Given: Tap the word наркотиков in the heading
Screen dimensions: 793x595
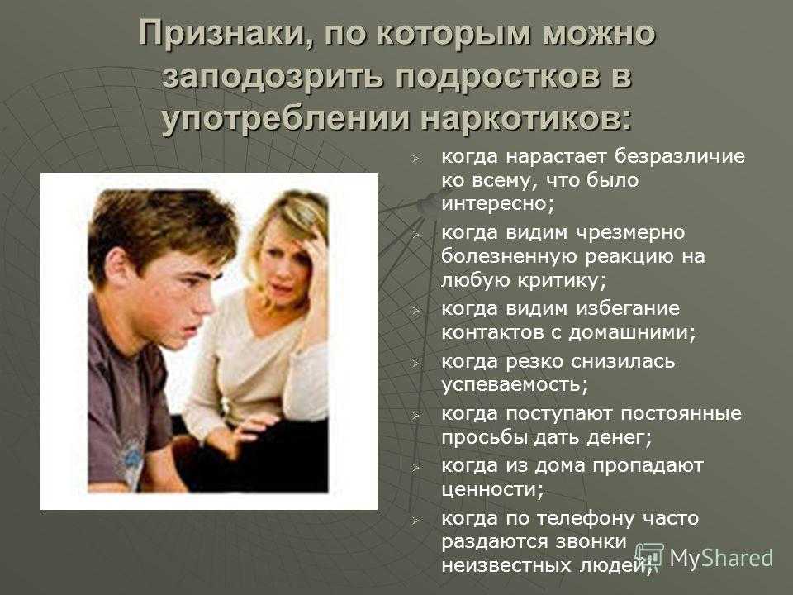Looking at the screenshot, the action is coord(526,118).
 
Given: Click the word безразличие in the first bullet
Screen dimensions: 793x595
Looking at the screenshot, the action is coord(679,156).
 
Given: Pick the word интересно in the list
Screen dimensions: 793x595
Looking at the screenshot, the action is coord(497,204).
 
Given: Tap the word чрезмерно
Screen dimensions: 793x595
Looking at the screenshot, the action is coord(630,233).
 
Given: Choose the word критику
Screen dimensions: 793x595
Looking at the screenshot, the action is coord(562,281).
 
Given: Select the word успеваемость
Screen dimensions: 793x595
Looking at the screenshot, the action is coord(515,385).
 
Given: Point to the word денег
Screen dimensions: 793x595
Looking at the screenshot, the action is coord(620,437).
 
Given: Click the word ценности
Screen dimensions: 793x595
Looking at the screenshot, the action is coord(492,489).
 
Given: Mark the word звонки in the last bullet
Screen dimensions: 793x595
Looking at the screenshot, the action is coord(591,541).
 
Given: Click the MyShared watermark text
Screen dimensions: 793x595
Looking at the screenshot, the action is coord(720,558).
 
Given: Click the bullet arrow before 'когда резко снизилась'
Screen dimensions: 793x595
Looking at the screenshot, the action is coord(415,362).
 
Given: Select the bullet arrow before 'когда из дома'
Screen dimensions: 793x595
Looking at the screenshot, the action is coord(415,466).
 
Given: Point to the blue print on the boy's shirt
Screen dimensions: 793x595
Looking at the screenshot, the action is coord(132,459).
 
